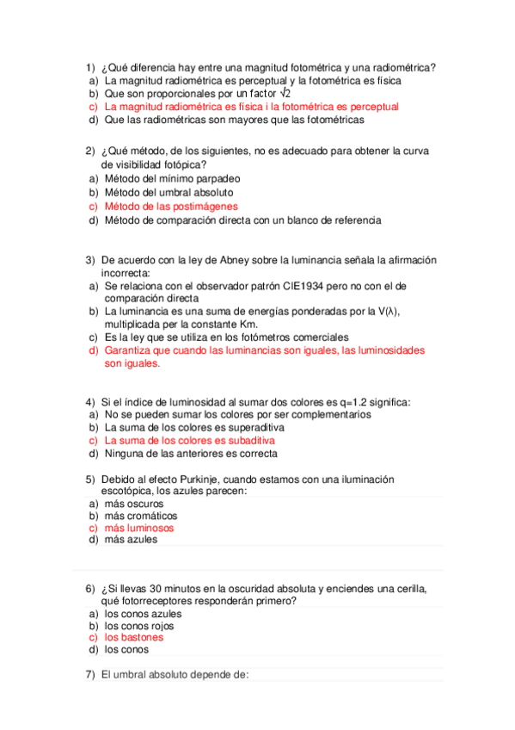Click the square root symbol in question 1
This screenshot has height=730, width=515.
tap(287, 93)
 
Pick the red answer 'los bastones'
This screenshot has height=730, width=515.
tap(133, 638)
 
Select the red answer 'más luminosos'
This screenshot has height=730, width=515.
tap(138, 528)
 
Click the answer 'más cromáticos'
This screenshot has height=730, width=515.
tap(140, 516)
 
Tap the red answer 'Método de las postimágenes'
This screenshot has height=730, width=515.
tap(171, 207)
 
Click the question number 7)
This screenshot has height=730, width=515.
tap(89, 674)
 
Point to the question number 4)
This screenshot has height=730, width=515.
tap(89, 402)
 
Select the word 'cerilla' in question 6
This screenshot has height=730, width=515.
tap(408, 589)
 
